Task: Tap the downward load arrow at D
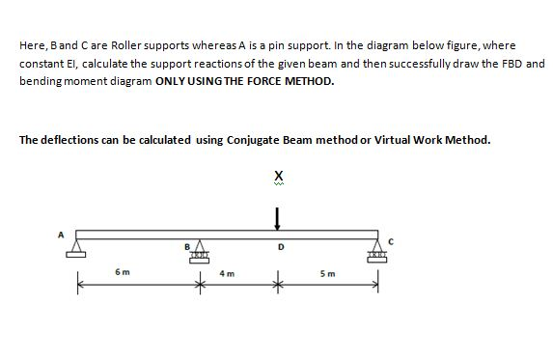279,220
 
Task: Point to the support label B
188,246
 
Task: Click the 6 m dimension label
123,273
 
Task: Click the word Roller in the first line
119,45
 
